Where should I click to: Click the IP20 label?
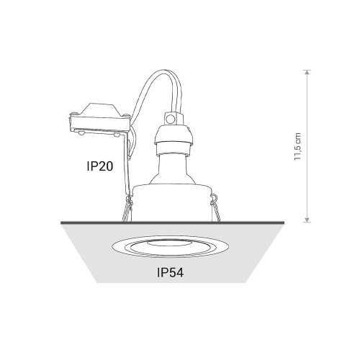[x=100, y=166]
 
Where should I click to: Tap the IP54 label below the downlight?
[x=171, y=273]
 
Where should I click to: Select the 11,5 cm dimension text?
[x=297, y=147]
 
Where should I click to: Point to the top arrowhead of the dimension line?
[x=307, y=73]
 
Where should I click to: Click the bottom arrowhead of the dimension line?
[x=307, y=220]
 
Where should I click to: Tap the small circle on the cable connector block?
[x=171, y=119]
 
